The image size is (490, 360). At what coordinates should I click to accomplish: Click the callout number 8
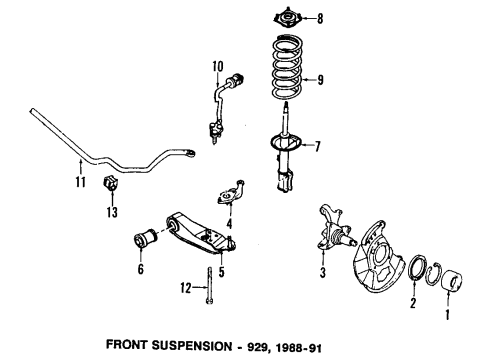point(320,18)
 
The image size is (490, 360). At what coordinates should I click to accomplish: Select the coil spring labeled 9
point(287,67)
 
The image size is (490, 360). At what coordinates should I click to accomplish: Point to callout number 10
point(218,66)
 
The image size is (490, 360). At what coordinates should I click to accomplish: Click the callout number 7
point(317,146)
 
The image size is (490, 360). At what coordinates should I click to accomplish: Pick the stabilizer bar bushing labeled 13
point(111,183)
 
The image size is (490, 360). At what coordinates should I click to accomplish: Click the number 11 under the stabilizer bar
point(80,182)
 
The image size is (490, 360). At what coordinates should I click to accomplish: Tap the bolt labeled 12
point(209,286)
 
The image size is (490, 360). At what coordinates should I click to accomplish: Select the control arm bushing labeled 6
point(145,238)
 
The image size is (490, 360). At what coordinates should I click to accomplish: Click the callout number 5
point(222,272)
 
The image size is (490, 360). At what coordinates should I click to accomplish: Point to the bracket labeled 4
point(231,192)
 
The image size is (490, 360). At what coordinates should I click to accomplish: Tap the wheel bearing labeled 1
point(452,282)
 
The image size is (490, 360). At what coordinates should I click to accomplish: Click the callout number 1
point(447,314)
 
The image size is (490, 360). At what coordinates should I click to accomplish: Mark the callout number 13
point(112,212)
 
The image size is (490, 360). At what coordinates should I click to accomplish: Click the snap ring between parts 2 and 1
point(433,274)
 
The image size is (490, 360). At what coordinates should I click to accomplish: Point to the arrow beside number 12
point(200,287)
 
